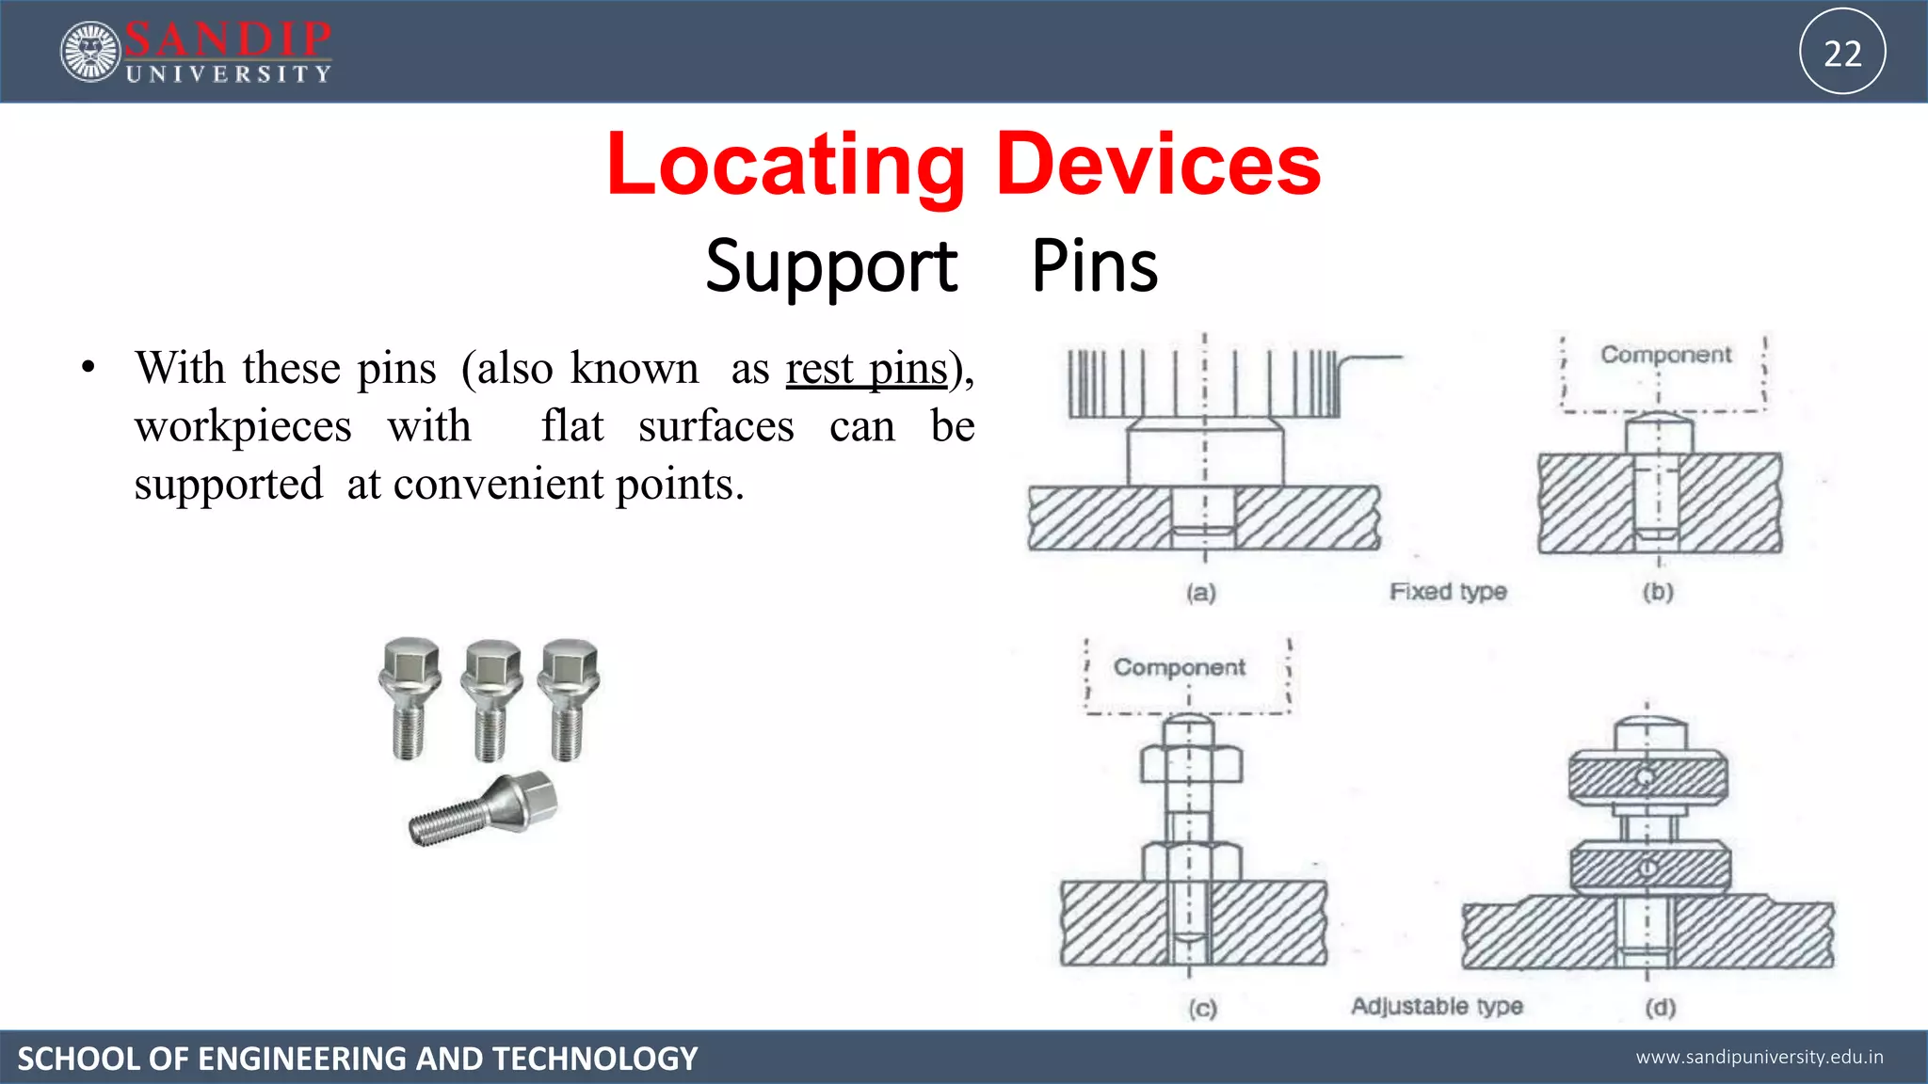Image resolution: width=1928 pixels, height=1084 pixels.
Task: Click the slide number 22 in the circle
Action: point(1842,53)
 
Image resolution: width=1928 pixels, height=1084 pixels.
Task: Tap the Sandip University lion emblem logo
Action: point(90,52)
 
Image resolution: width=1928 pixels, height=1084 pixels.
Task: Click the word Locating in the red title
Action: point(785,166)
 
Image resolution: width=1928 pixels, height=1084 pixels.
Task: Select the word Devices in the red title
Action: point(1158,166)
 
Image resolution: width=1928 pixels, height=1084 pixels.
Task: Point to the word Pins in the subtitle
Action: point(1095,266)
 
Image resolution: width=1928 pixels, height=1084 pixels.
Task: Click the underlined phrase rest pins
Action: point(866,369)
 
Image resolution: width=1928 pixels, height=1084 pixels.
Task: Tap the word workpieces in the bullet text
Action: point(243,426)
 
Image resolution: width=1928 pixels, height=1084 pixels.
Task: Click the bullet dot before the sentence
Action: point(88,368)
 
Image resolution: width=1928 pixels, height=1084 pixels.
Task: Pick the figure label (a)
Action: point(1201,593)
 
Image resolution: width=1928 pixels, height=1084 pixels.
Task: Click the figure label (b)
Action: point(1658,592)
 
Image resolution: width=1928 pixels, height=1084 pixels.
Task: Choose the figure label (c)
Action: point(1202,1009)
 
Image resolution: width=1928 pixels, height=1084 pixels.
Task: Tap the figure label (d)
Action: point(1660,1008)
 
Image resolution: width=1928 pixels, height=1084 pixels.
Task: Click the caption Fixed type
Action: point(1448,592)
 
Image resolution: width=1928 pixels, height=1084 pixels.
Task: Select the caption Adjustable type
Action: point(1437,1006)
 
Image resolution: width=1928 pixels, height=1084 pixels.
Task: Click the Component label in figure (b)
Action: point(1665,355)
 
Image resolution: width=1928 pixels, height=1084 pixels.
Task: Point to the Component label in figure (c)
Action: point(1179,667)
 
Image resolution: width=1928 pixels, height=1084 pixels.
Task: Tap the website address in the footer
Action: point(1759,1057)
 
